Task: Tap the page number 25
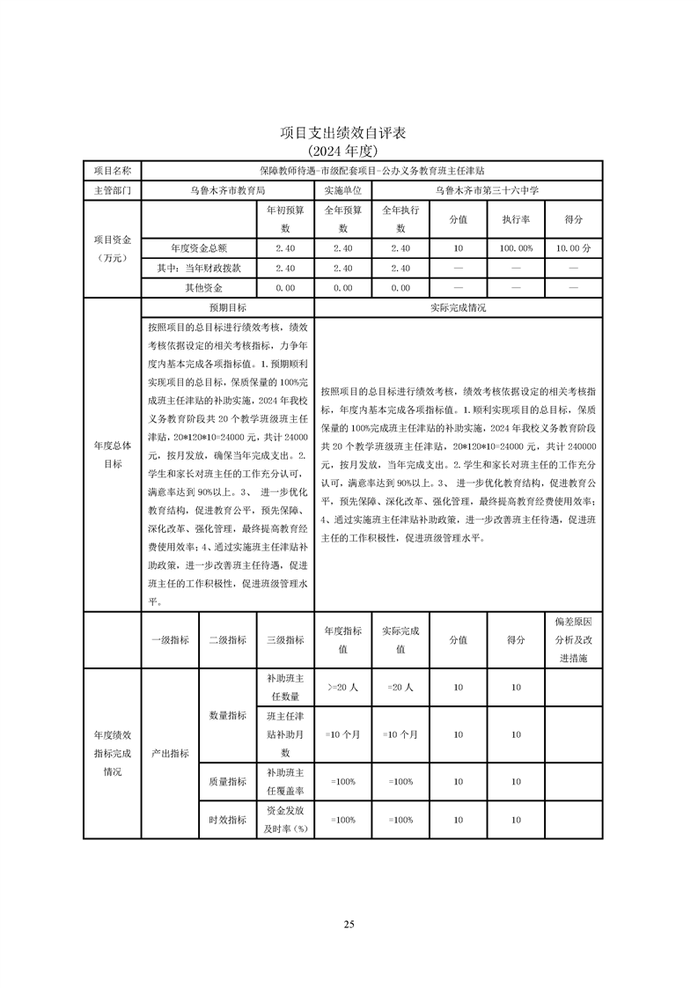[x=349, y=924]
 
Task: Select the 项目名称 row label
[x=112, y=170]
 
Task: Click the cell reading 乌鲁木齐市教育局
[x=228, y=190]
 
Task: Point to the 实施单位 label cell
[x=342, y=190]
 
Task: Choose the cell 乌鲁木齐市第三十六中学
[x=487, y=190]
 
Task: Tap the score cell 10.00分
[x=573, y=248]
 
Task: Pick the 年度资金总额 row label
[x=198, y=248]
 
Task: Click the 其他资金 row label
[x=198, y=288]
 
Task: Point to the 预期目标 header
[x=227, y=308]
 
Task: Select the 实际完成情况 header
[x=458, y=308]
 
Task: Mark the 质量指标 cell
[x=227, y=781]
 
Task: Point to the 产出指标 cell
[x=170, y=754]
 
